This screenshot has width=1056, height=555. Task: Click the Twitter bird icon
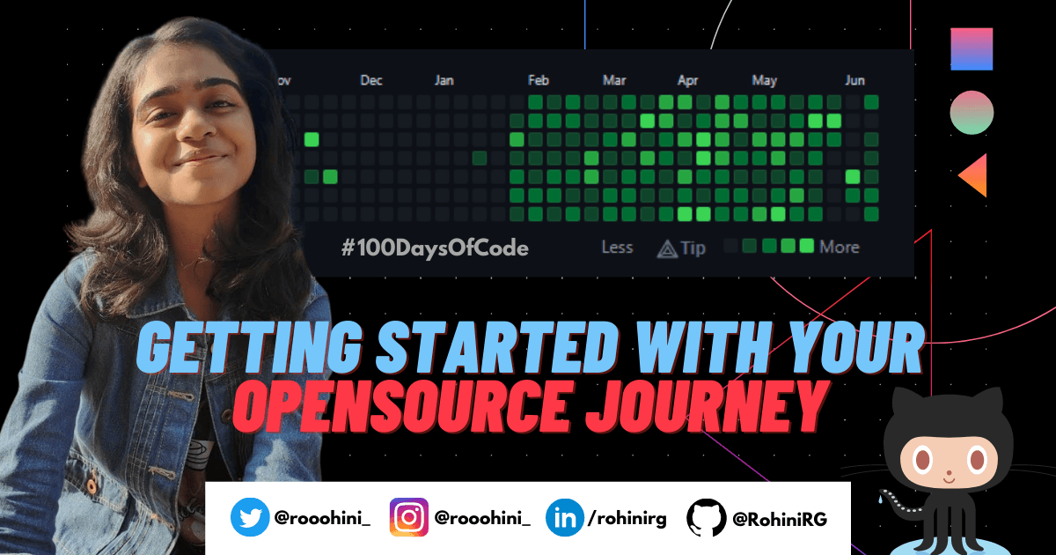click(250, 517)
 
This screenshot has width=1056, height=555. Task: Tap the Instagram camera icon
click(408, 517)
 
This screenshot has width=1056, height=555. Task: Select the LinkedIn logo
click(564, 518)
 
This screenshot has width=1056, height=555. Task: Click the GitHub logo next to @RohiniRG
click(706, 518)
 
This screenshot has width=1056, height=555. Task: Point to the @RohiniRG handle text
click(780, 519)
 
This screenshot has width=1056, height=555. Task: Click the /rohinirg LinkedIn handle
click(627, 519)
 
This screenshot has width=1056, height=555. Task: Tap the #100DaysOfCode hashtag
click(435, 248)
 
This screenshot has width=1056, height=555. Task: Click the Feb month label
click(539, 80)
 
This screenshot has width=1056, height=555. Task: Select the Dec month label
click(371, 80)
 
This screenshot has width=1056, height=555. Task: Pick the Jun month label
click(854, 80)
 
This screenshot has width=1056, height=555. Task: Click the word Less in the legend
click(617, 247)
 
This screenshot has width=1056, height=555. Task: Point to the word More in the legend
click(840, 247)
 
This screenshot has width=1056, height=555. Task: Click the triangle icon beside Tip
click(667, 248)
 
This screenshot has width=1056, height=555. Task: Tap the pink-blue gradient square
click(972, 49)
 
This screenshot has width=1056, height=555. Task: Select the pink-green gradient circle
click(972, 113)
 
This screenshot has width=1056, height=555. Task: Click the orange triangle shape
click(976, 175)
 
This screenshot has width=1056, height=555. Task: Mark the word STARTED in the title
click(498, 347)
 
